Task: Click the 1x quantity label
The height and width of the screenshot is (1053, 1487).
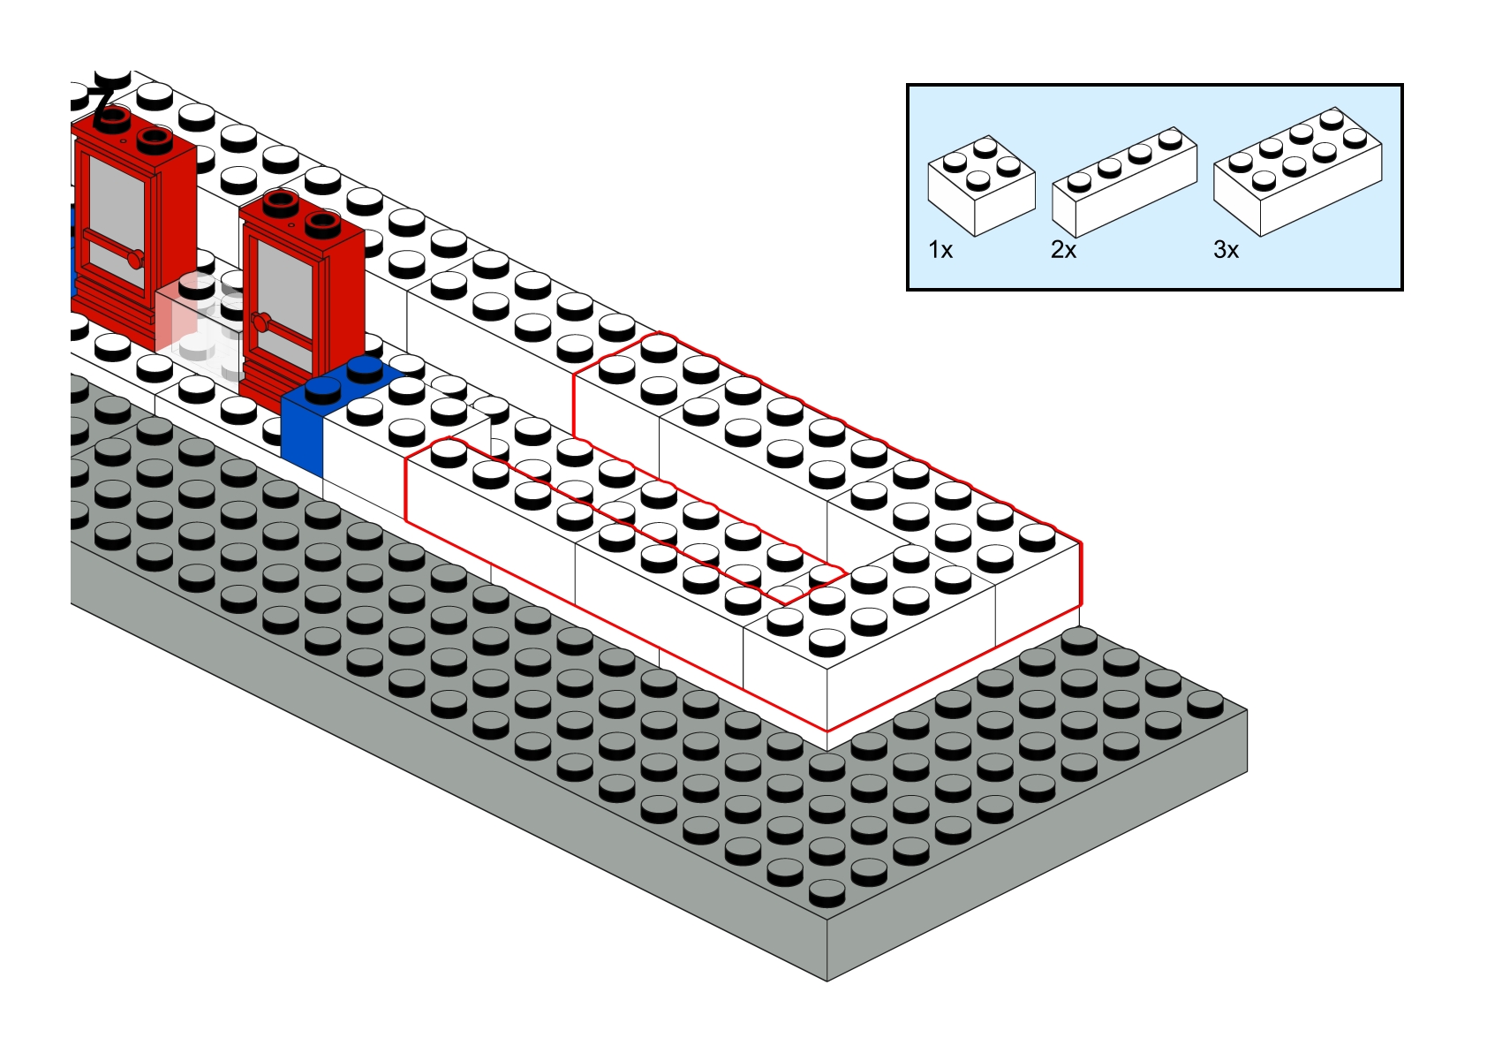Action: [x=940, y=250]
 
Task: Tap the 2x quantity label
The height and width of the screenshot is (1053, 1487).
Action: [x=1063, y=250]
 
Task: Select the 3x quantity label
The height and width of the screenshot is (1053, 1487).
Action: [x=1226, y=250]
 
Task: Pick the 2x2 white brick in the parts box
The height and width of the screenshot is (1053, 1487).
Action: [x=980, y=186]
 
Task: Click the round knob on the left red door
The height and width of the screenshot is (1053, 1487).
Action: [x=134, y=259]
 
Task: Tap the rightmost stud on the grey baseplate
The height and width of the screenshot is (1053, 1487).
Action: [x=1204, y=703]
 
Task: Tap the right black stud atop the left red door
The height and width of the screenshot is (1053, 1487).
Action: [x=155, y=138]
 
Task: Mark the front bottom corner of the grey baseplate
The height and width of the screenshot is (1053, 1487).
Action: [x=827, y=980]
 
